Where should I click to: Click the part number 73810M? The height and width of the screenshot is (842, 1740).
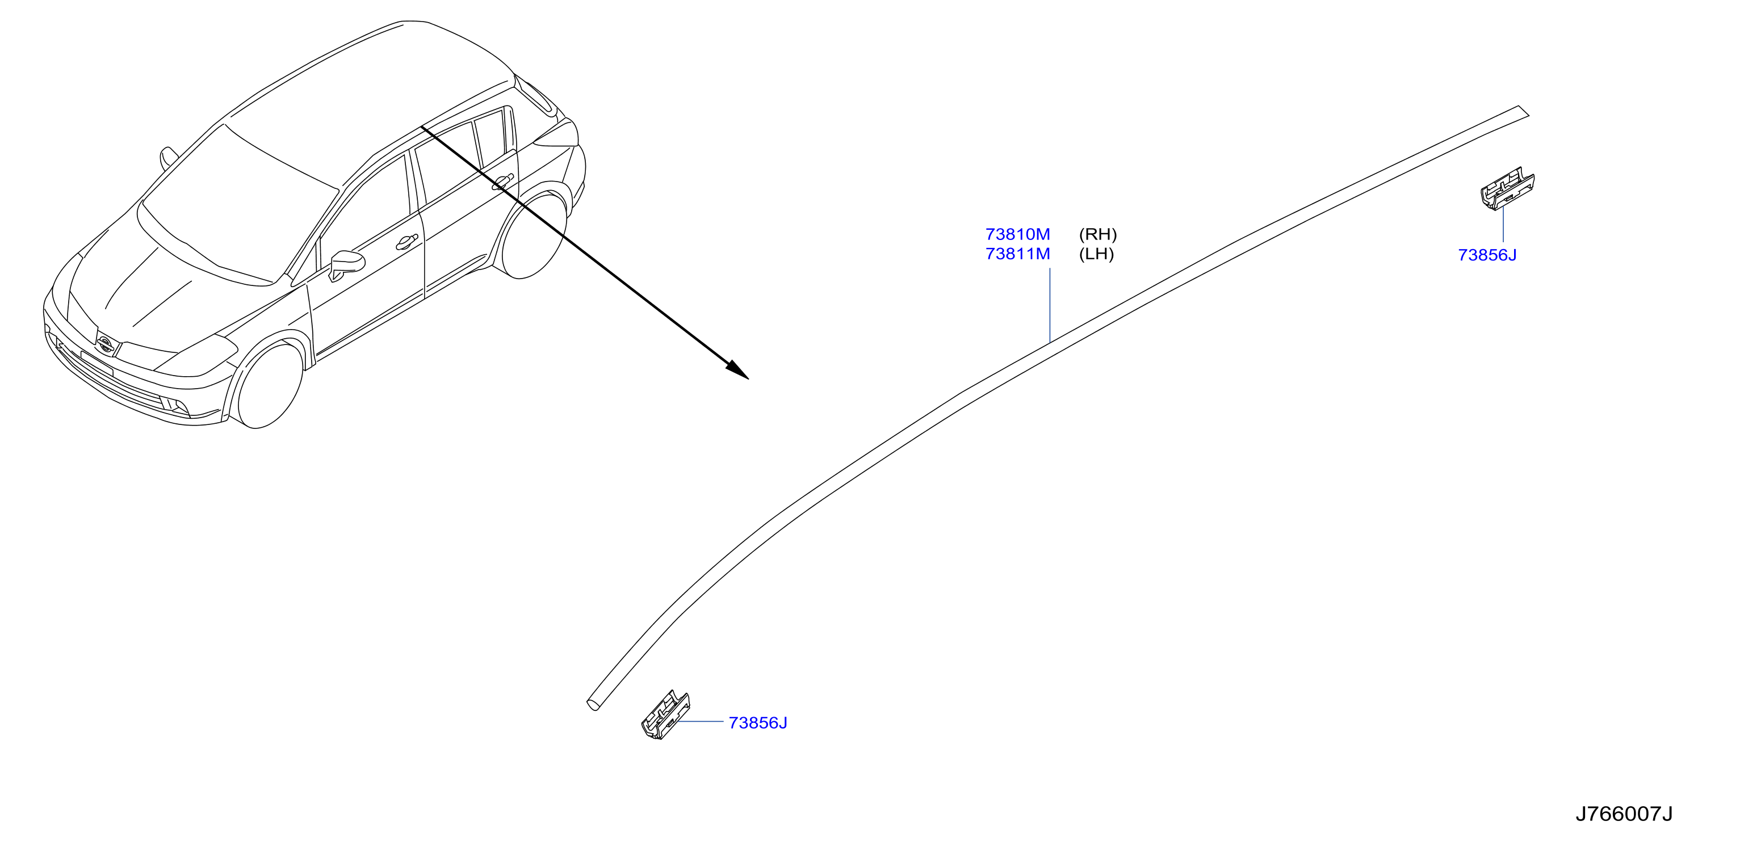[1017, 234]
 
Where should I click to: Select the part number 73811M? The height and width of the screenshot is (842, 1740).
[1017, 254]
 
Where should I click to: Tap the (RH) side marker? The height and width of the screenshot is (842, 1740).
[1097, 234]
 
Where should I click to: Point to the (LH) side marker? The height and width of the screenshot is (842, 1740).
[1096, 254]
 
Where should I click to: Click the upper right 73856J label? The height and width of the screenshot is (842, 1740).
[1487, 255]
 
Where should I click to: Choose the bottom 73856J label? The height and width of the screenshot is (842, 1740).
[758, 723]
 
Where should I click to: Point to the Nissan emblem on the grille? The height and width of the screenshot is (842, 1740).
[104, 343]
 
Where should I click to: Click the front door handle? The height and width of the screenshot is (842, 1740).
[406, 242]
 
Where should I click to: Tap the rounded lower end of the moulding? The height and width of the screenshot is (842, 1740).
[592, 704]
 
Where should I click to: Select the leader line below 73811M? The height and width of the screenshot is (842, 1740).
[1050, 305]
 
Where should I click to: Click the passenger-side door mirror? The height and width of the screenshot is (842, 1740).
[167, 157]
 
